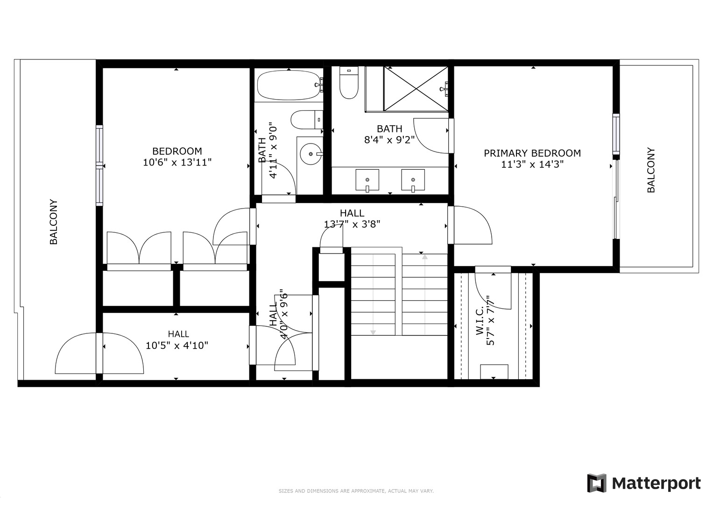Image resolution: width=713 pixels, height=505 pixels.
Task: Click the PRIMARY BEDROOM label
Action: click(532, 153)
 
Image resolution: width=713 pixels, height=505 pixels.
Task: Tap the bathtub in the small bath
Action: click(288, 85)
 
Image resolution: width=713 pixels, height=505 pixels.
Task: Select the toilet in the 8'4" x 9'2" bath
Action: click(348, 83)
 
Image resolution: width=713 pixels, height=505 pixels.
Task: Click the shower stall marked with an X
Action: click(415, 89)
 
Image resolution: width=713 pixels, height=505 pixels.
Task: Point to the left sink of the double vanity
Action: click(367, 180)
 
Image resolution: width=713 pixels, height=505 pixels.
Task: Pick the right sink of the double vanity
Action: click(413, 180)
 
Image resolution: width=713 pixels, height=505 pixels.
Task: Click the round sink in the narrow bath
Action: click(310, 153)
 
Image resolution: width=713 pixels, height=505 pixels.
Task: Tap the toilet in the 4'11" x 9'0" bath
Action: click(306, 120)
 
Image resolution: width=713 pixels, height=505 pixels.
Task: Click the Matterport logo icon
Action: click(596, 483)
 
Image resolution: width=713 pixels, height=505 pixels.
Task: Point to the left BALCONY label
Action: click(54, 222)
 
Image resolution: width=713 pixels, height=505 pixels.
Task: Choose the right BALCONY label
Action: click(651, 170)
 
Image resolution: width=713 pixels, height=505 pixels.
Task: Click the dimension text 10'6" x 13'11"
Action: click(177, 162)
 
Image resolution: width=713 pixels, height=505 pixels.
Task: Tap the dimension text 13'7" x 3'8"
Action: click(352, 224)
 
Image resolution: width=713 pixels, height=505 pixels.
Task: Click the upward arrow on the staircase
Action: click(424, 257)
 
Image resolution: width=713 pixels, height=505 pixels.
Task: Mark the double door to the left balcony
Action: click(99, 353)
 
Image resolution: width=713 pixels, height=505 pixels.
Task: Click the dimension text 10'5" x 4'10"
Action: click(177, 346)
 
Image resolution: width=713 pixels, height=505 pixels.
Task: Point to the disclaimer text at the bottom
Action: click(356, 491)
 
